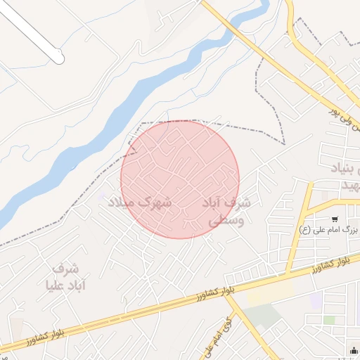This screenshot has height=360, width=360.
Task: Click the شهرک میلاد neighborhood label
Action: pos(140,202)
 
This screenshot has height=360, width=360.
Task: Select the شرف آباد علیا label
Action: pos(65,276)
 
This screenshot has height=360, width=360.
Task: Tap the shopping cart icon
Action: pos(334,219)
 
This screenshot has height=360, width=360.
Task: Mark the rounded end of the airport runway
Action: pos(60,58)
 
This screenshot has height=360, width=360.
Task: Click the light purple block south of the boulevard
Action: pos(316,300)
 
